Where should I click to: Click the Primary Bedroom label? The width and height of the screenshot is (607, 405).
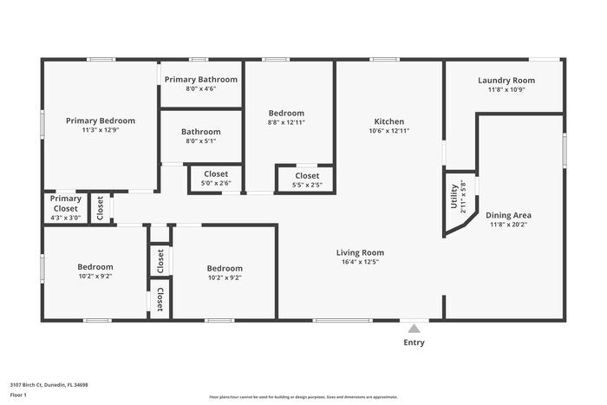(x=101, y=121)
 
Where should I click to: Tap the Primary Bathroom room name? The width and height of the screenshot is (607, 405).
(x=200, y=79)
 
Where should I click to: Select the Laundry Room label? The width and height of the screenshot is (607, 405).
(x=506, y=80)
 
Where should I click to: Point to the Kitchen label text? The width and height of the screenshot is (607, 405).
(x=388, y=121)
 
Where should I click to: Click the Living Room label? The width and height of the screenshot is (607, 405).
(x=360, y=252)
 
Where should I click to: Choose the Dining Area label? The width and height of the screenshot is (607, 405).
(x=508, y=215)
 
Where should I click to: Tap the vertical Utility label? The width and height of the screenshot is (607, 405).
(x=453, y=196)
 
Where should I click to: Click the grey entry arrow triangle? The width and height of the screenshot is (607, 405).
(x=414, y=329)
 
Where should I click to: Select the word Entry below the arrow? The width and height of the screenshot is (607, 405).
(x=414, y=343)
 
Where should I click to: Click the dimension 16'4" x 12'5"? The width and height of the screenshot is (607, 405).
(x=360, y=262)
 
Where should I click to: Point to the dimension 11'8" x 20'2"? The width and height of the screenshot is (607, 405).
(x=508, y=225)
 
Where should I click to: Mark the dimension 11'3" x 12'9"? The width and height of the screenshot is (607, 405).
(x=101, y=130)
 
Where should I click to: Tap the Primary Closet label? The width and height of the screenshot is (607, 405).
(x=65, y=203)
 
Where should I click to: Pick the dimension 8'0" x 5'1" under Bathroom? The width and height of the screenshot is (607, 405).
(x=200, y=140)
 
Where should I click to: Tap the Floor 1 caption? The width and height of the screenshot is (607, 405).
(x=19, y=395)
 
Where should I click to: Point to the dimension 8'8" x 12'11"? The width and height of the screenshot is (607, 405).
(x=285, y=123)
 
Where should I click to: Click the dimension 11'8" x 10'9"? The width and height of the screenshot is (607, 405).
(x=506, y=89)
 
